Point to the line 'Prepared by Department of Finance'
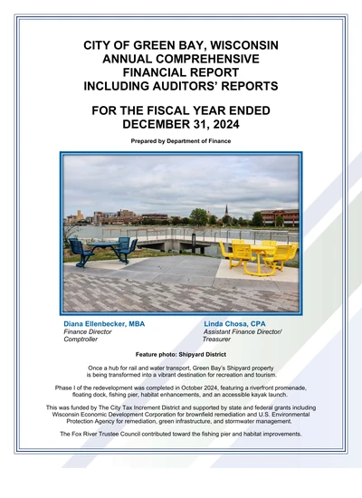pos(181,141)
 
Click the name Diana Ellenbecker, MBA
pos(104,323)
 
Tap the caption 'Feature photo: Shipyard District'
pos(181,355)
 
